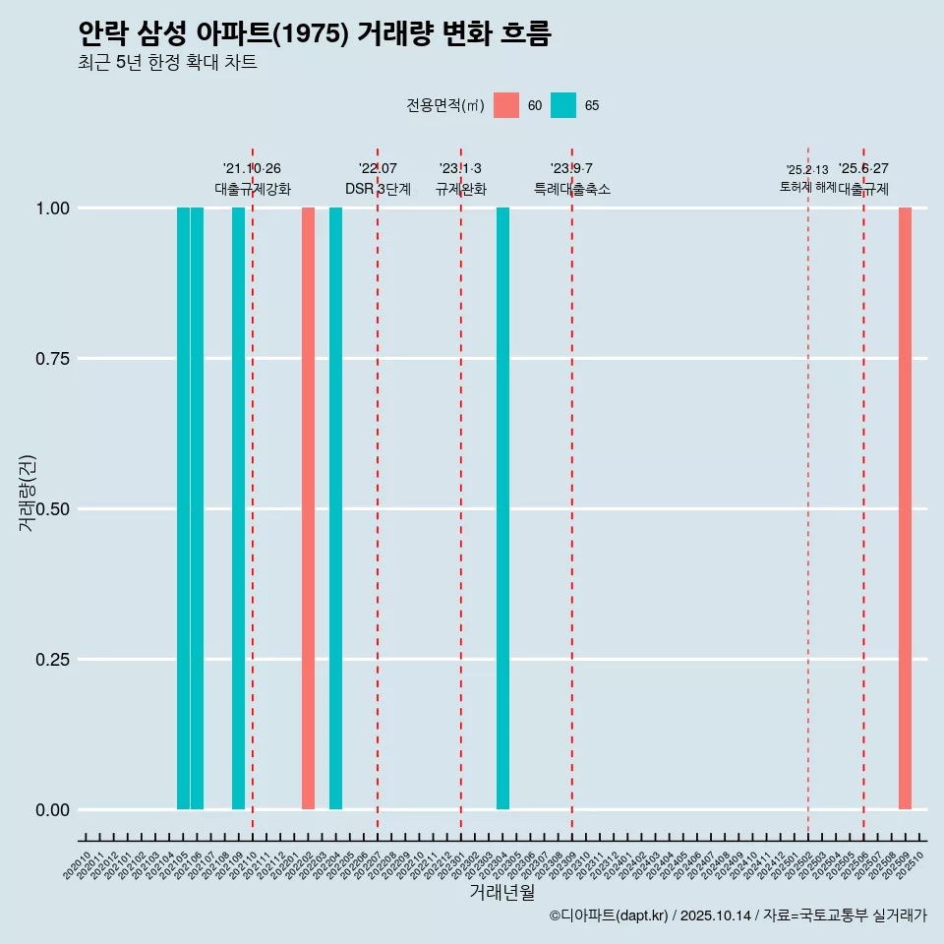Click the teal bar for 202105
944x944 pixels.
click(x=183, y=508)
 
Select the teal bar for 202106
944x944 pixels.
click(x=197, y=508)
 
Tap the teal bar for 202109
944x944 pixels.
click(x=238, y=508)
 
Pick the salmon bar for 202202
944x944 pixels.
click(x=308, y=508)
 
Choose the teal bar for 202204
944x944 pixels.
click(x=335, y=508)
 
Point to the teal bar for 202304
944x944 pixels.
click(x=502, y=508)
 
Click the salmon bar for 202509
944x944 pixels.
click(x=905, y=508)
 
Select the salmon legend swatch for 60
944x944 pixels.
click(x=506, y=105)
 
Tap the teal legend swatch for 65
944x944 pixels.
click(x=563, y=105)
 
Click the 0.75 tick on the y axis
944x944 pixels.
click(x=50, y=359)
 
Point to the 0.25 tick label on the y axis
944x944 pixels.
click(x=50, y=660)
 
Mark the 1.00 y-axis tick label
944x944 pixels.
click(x=50, y=208)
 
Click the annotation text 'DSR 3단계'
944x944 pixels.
click(x=378, y=189)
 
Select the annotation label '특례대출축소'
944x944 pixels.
click(x=572, y=189)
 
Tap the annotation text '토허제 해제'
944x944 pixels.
click(x=807, y=186)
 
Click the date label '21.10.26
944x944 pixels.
click(x=252, y=169)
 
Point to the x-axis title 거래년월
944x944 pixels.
click(x=501, y=892)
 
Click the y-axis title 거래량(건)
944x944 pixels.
click(x=27, y=494)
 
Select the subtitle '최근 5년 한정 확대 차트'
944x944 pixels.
click(x=167, y=63)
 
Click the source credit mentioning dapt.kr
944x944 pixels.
click(x=737, y=915)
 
